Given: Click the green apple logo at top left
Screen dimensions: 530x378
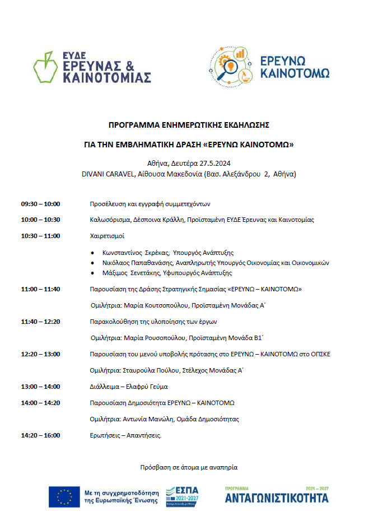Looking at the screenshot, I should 45,68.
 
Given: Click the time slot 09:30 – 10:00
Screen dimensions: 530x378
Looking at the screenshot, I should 40,204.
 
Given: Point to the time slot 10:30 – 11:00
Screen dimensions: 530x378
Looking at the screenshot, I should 40,236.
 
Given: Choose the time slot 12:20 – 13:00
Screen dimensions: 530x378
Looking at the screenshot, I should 40,354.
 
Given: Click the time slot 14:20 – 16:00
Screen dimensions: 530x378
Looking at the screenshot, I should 40,435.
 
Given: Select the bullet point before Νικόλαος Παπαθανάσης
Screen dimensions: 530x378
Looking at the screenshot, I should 93,263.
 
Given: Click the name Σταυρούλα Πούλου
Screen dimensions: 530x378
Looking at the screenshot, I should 150,370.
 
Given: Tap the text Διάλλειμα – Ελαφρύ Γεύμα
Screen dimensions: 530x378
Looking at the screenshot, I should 129,387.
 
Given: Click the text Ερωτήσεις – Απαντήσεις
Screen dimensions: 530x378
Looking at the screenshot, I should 125,435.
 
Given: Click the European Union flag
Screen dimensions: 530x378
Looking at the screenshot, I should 63,496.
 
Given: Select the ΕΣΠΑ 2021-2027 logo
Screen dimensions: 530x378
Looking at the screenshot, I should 182,496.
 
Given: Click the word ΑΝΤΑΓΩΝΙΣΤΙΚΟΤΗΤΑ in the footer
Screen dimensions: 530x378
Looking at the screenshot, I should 277,498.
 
